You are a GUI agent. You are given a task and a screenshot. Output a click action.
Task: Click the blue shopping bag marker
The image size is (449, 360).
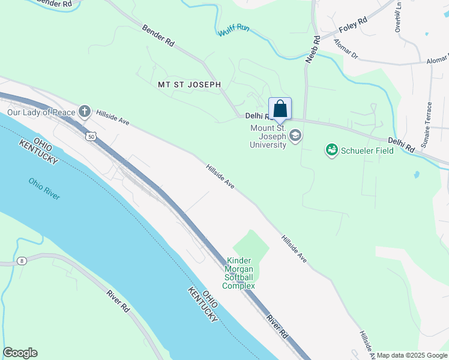pos(280,109)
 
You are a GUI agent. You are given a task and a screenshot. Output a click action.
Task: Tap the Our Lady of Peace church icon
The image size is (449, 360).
pos(85,111)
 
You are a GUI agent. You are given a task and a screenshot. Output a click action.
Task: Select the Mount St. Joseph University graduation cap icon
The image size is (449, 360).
pos(295,136)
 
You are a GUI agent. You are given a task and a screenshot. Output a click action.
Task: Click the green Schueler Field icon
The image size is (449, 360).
pos(331,149)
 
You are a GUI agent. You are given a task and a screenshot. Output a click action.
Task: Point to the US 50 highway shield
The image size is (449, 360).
pos(91,137)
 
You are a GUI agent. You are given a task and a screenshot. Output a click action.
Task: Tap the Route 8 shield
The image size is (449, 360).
pos(22,260)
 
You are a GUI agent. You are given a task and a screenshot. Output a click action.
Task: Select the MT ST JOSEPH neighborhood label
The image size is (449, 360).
pos(189,85)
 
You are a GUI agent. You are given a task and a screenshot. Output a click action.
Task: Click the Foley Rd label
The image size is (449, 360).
pos(352,26)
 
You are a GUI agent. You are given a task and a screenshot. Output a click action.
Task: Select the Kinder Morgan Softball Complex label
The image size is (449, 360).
pos(239,274)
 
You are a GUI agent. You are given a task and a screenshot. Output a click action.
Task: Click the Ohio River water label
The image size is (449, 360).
pos(44,188)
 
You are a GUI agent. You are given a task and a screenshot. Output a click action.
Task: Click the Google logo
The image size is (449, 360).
pos(20,353)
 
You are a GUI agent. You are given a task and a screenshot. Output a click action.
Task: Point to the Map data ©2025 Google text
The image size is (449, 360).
pos(412,355)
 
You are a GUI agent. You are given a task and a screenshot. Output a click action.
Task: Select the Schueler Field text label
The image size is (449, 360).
pos(368,150)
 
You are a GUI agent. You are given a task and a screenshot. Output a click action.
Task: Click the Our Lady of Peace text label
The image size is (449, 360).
pos(41,112)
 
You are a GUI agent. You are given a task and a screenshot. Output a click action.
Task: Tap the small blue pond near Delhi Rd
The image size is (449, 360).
pos(417,175)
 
